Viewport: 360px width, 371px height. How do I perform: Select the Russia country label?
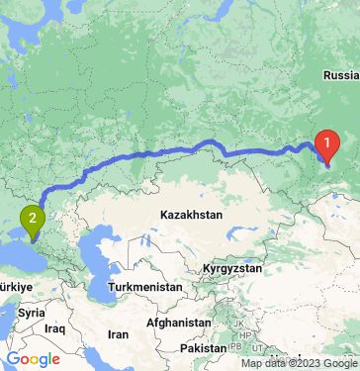click(341, 74)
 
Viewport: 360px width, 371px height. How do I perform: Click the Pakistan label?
click(206, 349)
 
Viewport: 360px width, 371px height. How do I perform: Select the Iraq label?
click(54, 327)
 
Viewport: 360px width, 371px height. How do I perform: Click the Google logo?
click(33, 358)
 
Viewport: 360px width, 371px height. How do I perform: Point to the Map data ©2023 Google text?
click(300, 363)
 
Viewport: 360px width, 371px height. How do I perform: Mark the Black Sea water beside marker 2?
click(15, 247)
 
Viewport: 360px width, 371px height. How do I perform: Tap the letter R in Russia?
click(326, 74)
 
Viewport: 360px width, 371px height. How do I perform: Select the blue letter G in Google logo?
click(13, 358)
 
